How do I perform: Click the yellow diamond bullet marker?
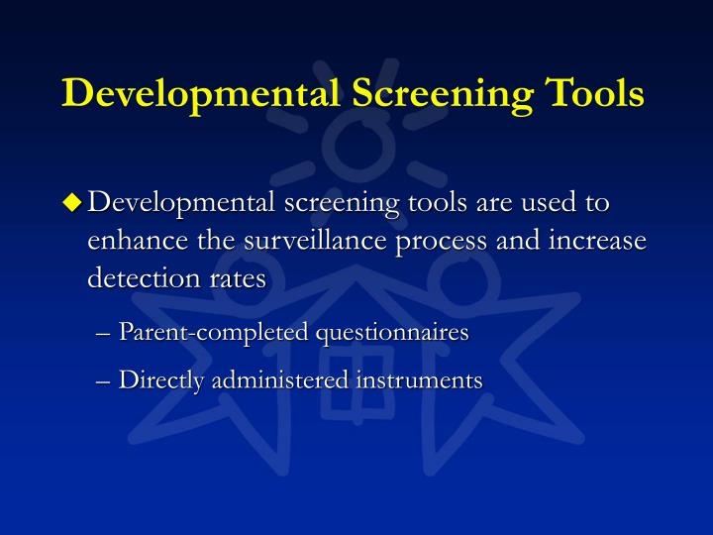click(x=71, y=202)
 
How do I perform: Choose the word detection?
click(x=141, y=278)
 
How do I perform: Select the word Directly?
click(x=156, y=380)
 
